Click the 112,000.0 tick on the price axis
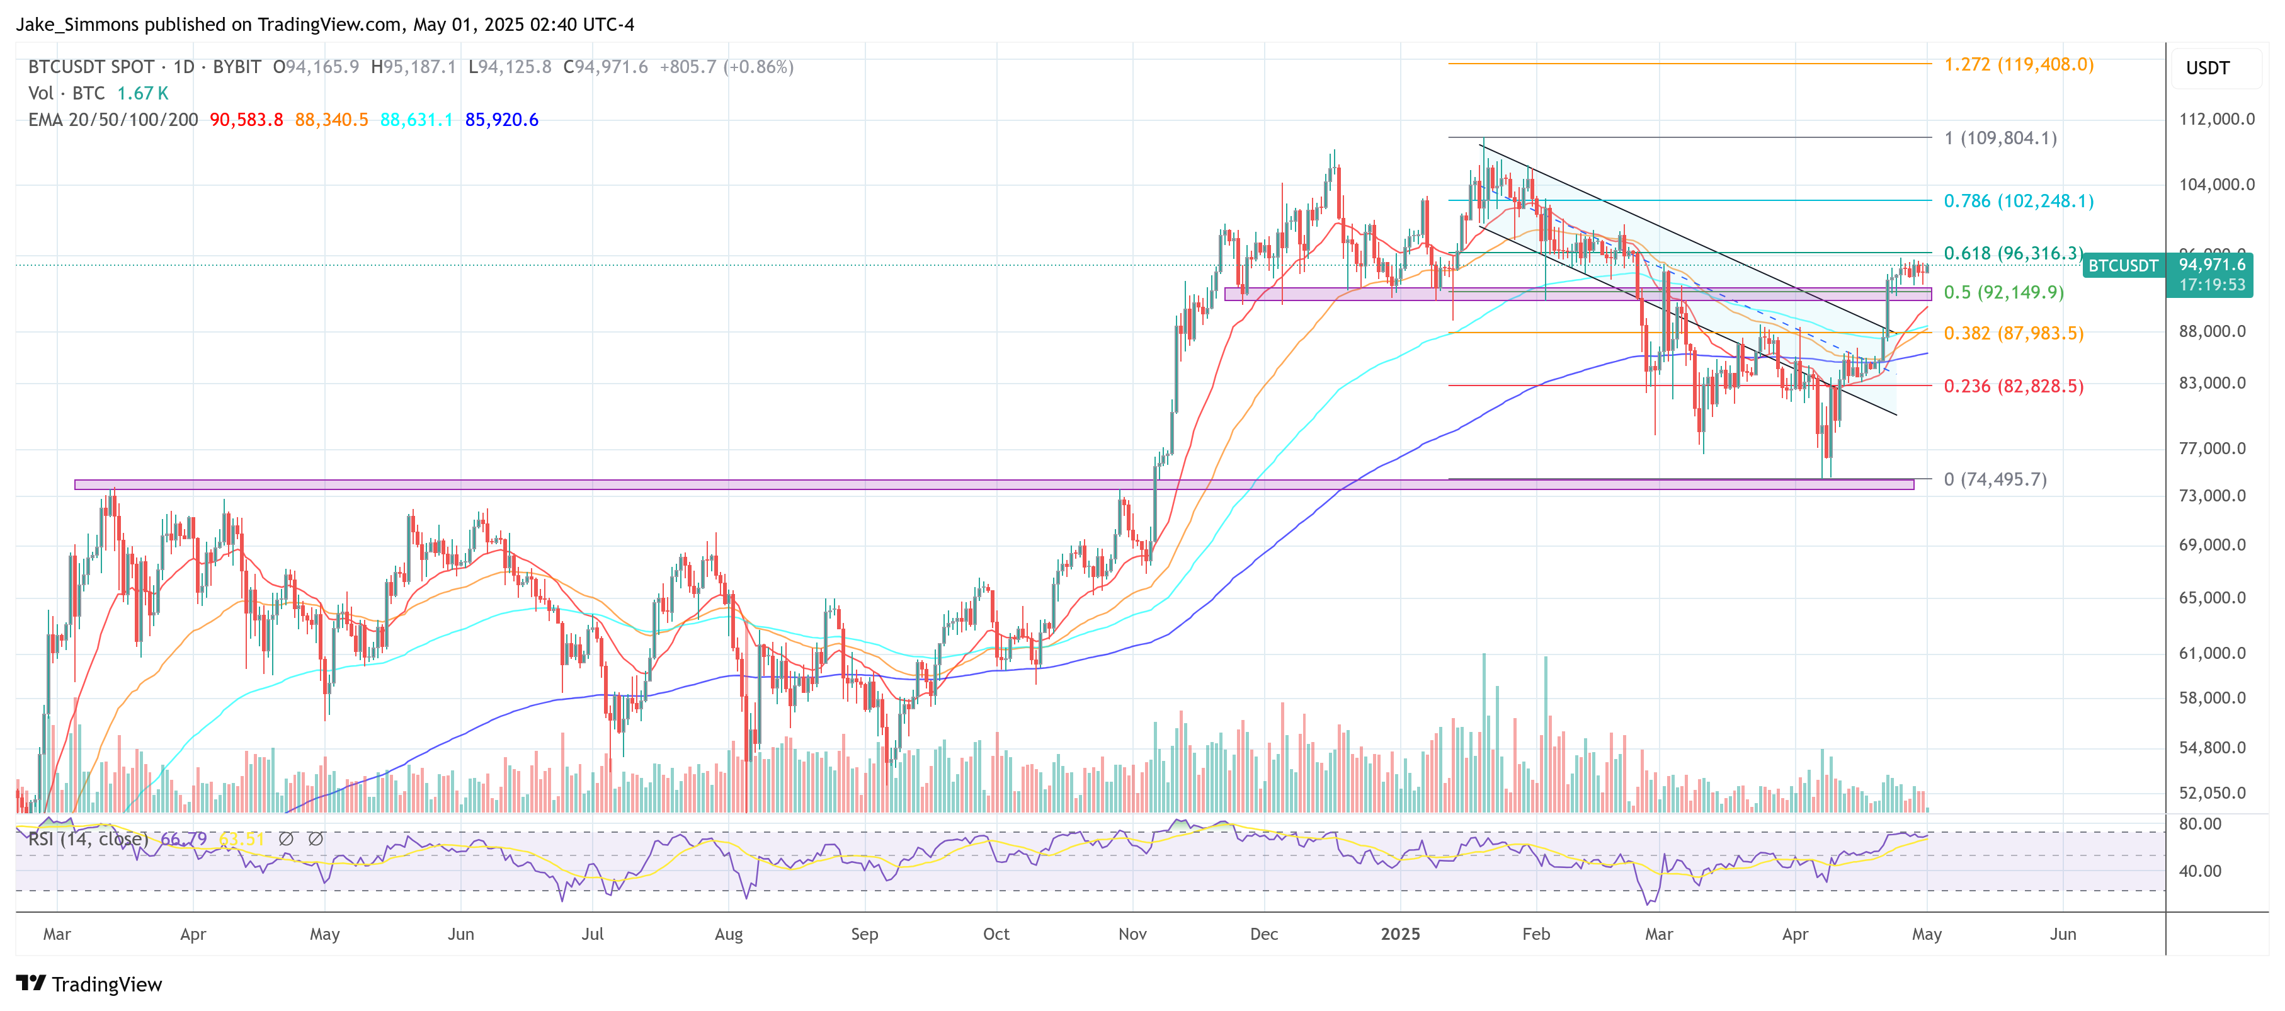(2216, 119)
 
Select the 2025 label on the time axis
(1399, 934)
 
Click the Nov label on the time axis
(1132, 934)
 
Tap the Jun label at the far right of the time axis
(2062, 934)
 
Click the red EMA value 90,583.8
(246, 120)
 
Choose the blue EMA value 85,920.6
(501, 120)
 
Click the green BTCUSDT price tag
(2122, 266)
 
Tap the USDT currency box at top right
(2207, 68)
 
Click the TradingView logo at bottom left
(89, 985)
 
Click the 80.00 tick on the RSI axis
(2200, 824)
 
